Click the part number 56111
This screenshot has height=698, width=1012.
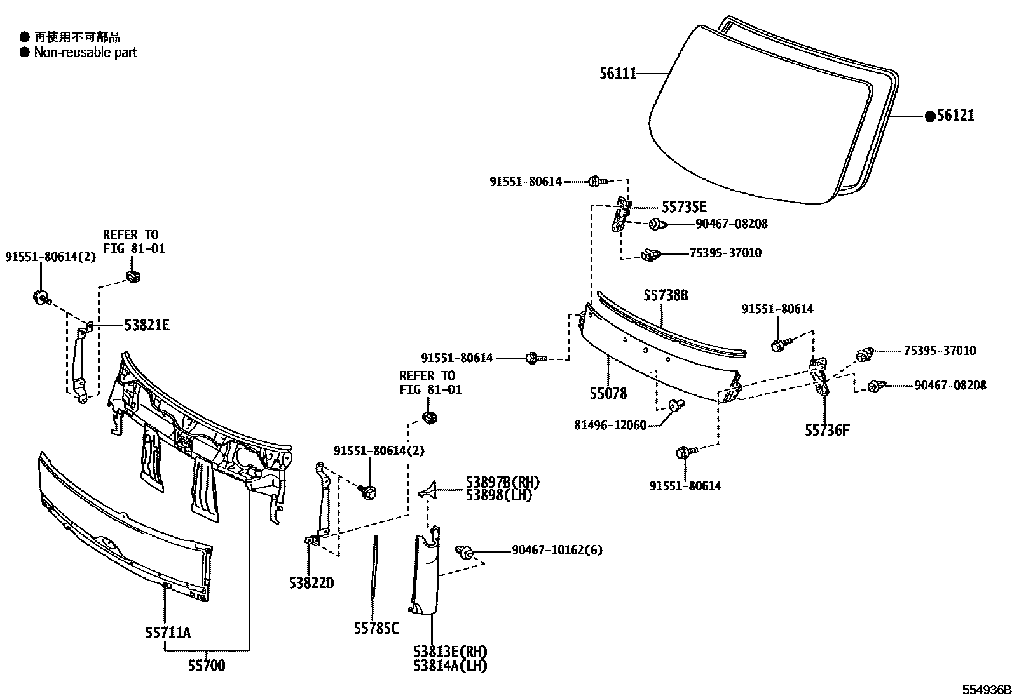(618, 74)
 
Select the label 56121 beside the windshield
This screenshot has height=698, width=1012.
(955, 116)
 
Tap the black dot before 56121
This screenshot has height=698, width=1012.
(930, 116)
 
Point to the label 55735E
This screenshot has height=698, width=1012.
(684, 207)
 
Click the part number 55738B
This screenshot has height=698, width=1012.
(666, 295)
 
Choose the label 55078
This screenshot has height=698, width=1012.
(608, 394)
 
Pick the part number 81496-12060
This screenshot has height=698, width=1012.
(610, 425)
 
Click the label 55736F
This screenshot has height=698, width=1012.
(827, 431)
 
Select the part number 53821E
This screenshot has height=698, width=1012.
(147, 325)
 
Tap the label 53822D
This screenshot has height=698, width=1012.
(311, 582)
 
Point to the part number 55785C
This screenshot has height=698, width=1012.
(376, 628)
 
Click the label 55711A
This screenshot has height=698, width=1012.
(168, 632)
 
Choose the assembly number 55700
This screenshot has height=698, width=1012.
(206, 666)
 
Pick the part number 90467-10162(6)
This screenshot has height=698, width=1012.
(557, 549)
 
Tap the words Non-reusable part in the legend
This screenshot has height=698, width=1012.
(85, 53)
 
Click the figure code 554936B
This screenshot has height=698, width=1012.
(985, 690)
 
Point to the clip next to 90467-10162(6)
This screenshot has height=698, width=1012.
(465, 552)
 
